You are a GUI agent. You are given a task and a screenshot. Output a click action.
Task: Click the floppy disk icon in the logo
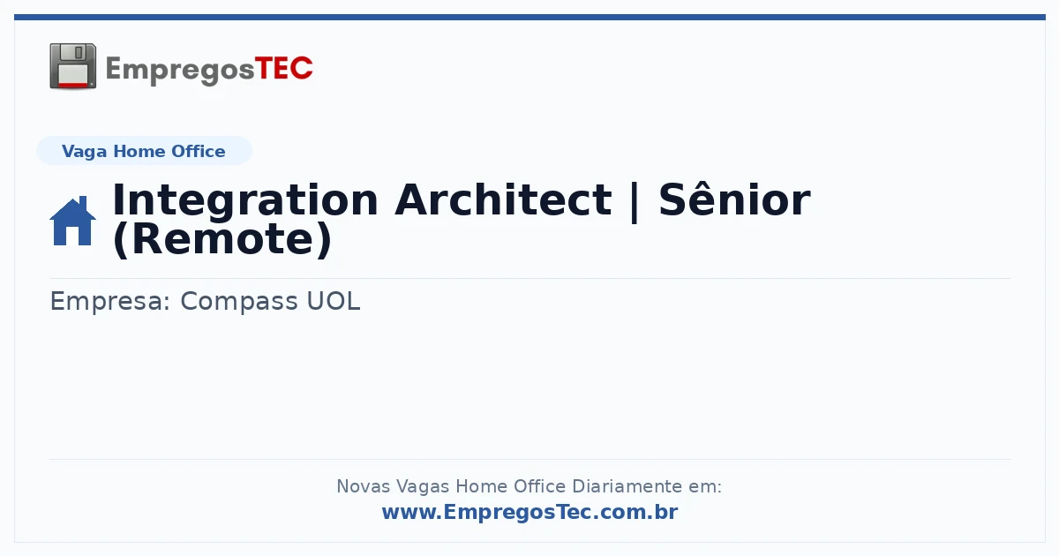72,66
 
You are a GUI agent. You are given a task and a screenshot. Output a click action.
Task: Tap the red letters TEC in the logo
283,69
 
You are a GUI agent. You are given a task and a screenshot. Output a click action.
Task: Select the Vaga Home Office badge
144,151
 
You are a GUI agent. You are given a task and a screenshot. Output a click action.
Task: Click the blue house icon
72,221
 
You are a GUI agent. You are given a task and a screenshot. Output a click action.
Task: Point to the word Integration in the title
245,201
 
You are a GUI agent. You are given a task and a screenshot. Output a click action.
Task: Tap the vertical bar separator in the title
635,202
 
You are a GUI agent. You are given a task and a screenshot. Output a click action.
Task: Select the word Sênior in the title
734,199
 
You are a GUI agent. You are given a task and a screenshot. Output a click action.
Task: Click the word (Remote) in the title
222,239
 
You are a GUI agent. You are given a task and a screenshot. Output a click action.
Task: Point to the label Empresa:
110,301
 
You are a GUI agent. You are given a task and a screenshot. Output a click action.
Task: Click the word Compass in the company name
239,301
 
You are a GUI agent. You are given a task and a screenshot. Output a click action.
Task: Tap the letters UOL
334,301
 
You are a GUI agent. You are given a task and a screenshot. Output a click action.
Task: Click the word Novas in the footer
363,486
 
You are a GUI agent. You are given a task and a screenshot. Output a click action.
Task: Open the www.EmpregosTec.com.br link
530,512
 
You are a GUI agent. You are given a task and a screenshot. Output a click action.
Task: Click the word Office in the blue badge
198,151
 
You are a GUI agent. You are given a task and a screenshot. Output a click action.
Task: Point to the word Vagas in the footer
423,487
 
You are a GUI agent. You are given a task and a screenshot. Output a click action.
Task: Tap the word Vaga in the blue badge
84,152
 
